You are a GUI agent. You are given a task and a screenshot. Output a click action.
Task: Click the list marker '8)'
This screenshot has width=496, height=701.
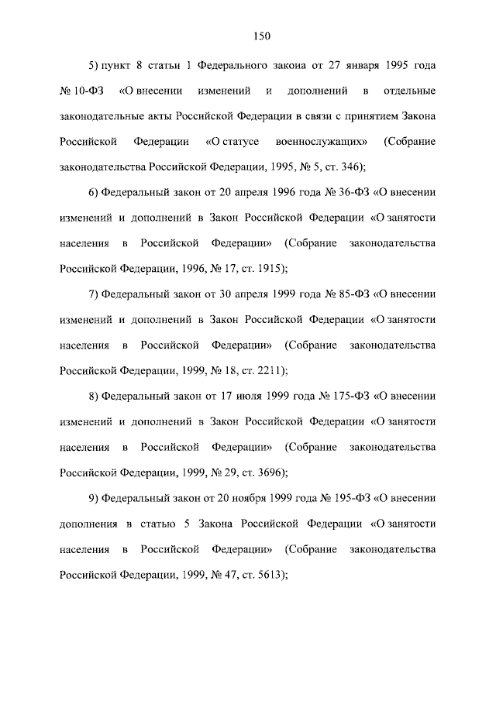[94, 396]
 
